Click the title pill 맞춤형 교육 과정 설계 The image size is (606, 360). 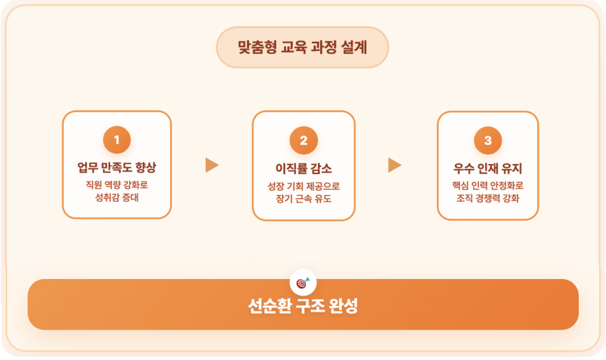302,48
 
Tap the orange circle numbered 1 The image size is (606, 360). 117,140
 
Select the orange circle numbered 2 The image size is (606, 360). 303,140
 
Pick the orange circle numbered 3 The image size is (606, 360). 487,140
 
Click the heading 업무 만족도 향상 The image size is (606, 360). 117,168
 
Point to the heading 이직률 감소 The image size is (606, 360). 303,168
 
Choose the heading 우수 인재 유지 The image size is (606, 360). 487,168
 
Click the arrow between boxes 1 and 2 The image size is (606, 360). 211,165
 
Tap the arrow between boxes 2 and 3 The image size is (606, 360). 395,165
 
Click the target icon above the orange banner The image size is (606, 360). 303,282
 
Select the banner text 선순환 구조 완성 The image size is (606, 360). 303,306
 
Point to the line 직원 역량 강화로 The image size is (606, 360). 117,185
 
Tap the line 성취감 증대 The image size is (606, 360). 117,198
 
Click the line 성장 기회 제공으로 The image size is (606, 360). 303,186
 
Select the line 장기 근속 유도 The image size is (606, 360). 303,199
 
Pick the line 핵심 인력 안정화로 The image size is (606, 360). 487,185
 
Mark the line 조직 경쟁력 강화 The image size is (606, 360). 487,198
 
